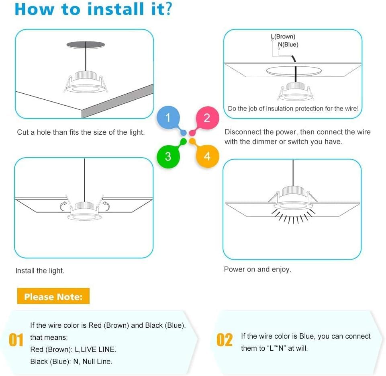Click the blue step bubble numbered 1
point(168,117)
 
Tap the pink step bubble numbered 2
point(207,118)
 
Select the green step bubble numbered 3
point(168,156)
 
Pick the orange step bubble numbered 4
point(207,156)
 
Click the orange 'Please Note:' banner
point(53,297)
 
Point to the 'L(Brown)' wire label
point(283,37)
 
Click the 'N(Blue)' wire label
point(288,45)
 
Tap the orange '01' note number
point(16,340)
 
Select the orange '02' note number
point(225,340)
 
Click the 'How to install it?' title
point(93,10)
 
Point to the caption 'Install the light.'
point(40,271)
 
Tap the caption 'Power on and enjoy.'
point(257,269)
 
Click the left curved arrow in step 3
point(64,206)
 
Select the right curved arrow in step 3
point(106,206)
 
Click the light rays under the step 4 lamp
point(292,217)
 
